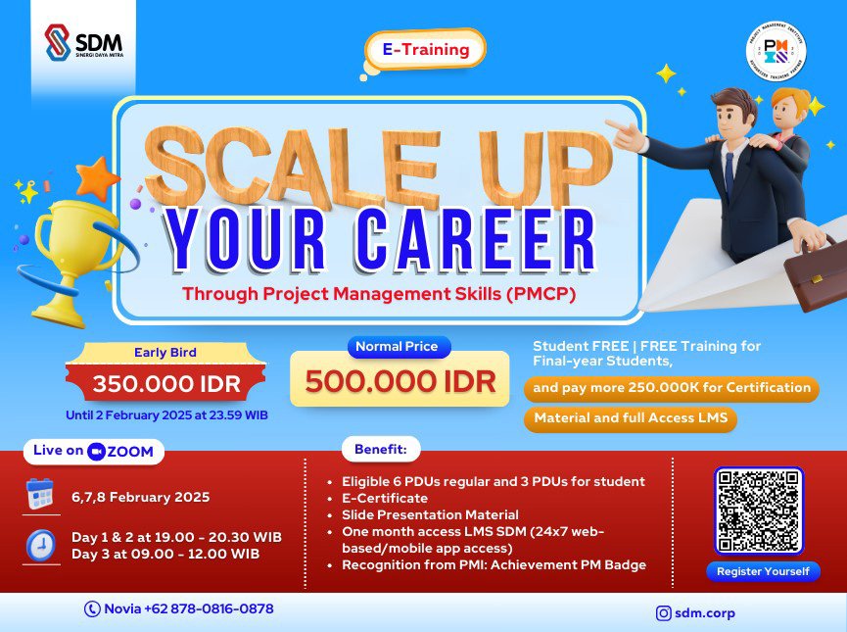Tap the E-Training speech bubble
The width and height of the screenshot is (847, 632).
coord(425,49)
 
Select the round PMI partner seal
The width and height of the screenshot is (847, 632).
coord(776,51)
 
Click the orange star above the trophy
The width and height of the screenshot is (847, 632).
coord(97,178)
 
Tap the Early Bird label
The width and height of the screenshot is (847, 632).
coord(165,353)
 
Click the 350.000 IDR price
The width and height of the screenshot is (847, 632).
coord(165,384)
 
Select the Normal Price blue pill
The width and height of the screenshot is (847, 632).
coord(400,346)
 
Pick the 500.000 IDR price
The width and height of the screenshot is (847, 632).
coord(400,381)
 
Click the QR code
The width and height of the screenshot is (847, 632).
coord(758,510)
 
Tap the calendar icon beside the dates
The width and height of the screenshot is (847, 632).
coord(40,496)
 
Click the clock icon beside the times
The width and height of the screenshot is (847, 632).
coord(40,545)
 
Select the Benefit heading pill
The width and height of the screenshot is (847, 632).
coord(380,451)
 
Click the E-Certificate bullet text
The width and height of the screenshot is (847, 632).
coord(387,498)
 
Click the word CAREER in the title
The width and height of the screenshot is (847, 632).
coord(469,241)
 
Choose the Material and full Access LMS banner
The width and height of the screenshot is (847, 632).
coord(631,419)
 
